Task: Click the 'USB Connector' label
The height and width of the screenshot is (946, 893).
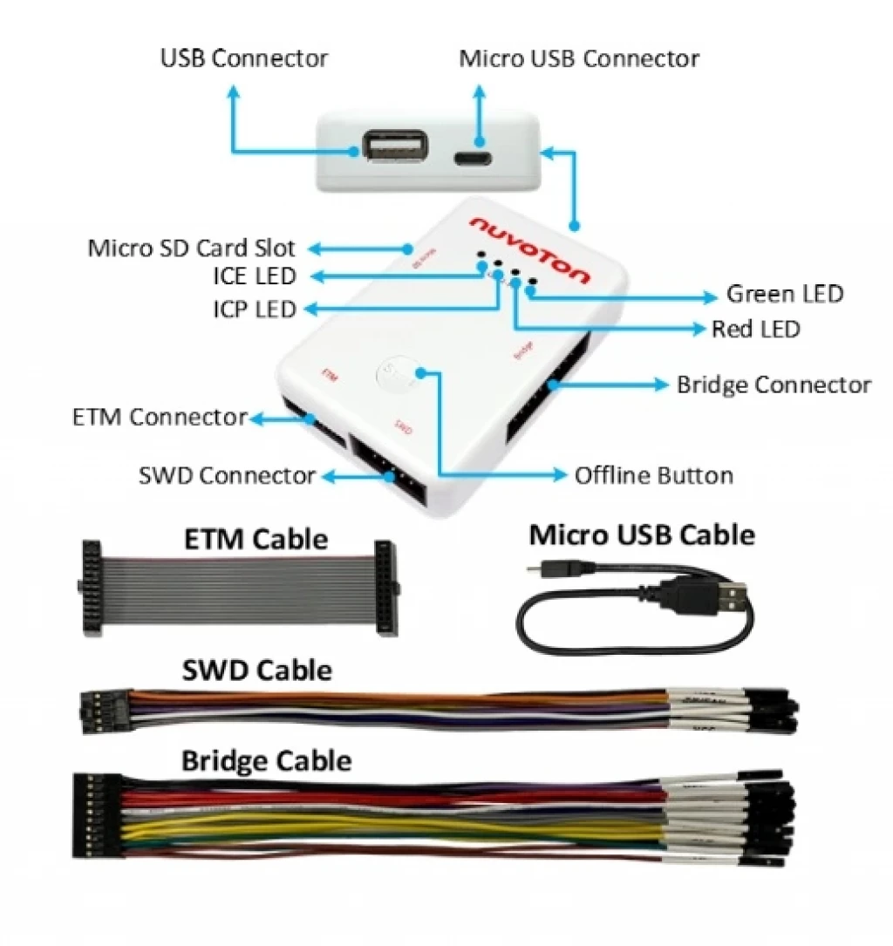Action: click(x=244, y=58)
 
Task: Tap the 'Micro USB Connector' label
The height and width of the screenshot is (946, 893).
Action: click(x=579, y=58)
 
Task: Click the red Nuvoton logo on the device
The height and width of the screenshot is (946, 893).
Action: click(x=529, y=250)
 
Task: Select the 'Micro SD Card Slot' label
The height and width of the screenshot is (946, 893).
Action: click(x=192, y=248)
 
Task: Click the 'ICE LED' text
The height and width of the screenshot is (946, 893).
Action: click(x=254, y=277)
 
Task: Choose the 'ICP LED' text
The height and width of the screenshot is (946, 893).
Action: click(x=254, y=310)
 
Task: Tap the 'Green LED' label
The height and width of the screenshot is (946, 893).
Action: click(x=785, y=295)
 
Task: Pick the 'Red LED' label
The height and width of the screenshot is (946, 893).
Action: click(x=756, y=330)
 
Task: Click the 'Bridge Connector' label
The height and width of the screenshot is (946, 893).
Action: click(x=774, y=385)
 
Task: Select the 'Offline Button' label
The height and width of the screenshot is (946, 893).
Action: click(x=653, y=476)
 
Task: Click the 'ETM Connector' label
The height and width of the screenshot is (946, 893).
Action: click(x=160, y=418)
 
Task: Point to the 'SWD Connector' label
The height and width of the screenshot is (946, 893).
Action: click(x=227, y=476)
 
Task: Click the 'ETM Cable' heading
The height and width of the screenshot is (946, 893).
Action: click(x=256, y=539)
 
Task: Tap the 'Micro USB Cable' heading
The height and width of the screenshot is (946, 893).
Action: click(x=641, y=534)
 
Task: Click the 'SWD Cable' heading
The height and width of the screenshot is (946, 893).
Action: click(x=256, y=670)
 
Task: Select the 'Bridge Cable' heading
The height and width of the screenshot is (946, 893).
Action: click(x=266, y=760)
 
